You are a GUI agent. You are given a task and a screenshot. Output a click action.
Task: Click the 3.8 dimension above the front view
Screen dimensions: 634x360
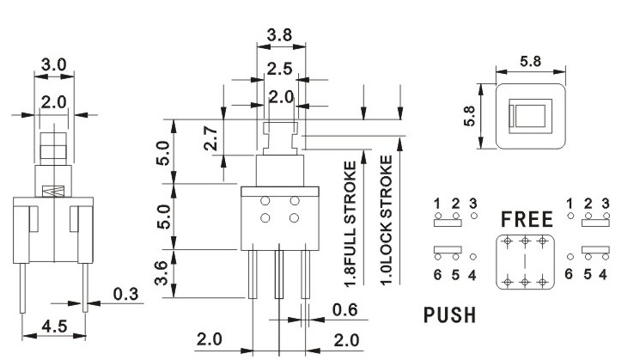click(x=279, y=35)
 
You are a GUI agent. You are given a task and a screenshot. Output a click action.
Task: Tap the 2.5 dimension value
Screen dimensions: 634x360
click(x=279, y=69)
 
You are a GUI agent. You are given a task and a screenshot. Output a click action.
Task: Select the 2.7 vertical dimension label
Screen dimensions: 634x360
click(x=211, y=138)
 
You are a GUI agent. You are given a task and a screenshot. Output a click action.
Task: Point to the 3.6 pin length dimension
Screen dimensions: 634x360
click(x=161, y=273)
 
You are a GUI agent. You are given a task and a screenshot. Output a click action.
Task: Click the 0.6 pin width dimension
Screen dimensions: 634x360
click(x=344, y=310)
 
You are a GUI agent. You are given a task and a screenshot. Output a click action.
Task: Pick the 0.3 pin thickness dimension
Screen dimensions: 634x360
click(x=125, y=294)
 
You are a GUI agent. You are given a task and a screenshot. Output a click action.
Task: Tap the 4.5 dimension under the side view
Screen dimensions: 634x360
click(x=54, y=326)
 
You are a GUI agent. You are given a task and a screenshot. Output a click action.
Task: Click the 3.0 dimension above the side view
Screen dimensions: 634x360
click(x=53, y=64)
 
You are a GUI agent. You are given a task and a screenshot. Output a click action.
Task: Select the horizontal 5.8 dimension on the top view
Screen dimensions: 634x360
click(x=530, y=62)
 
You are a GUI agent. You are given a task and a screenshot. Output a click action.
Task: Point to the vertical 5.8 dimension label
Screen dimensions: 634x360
click(x=469, y=116)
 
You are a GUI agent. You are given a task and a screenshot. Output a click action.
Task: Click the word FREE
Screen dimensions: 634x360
click(x=527, y=219)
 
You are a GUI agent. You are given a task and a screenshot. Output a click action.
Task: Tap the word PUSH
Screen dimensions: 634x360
click(x=449, y=314)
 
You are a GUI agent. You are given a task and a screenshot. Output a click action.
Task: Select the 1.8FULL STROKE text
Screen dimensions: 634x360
click(x=351, y=224)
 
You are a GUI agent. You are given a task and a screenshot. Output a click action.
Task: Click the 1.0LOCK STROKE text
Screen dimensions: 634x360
click(x=387, y=221)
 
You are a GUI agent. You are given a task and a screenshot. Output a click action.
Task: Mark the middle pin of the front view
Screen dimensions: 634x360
click(x=279, y=274)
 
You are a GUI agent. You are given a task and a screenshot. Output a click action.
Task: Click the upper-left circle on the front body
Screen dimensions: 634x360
click(x=265, y=201)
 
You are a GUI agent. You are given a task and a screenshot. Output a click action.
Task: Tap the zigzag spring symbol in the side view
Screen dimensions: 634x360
click(x=53, y=191)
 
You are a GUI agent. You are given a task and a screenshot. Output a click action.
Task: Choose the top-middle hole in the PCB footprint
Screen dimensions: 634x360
click(x=525, y=242)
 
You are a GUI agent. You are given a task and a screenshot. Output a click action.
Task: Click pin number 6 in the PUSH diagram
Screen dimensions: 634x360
click(x=437, y=275)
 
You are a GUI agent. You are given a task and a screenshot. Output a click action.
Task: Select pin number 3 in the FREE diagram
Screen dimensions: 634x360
click(x=606, y=203)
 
